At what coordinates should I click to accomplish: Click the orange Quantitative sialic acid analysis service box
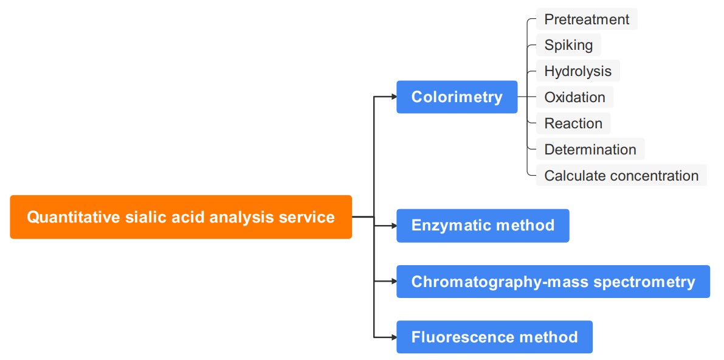coord(181,217)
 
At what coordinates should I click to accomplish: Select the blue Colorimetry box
coord(457,97)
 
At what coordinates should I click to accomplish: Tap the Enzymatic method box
coord(483,226)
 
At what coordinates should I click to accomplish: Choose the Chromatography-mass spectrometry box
coord(553,282)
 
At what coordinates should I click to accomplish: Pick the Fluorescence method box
coord(494,337)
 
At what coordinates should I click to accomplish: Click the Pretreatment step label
coord(586,19)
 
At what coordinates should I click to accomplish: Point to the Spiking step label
coord(568,45)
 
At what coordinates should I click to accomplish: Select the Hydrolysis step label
coord(577,71)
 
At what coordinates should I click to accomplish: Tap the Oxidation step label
coord(574,97)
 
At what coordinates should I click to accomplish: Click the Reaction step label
coord(573,123)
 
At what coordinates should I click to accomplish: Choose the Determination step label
coord(590,150)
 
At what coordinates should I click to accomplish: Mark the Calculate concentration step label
coord(621,176)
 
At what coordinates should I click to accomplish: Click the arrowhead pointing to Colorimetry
coord(393,97)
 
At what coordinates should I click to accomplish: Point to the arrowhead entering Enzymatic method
coord(393,226)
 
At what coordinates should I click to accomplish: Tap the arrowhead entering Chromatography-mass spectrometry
coord(393,282)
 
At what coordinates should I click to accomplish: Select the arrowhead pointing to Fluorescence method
coord(393,337)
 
